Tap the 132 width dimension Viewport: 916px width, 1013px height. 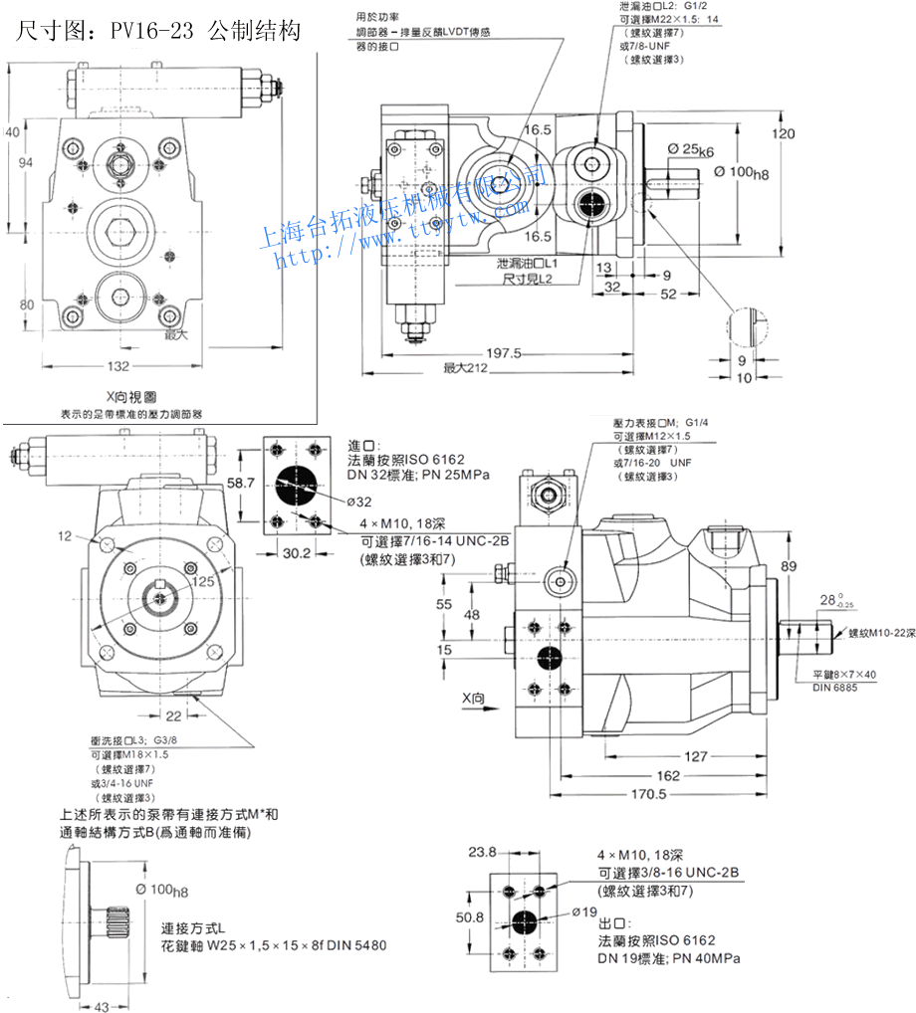[x=118, y=365]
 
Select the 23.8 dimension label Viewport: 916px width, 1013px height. [x=482, y=852]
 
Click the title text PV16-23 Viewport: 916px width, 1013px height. [x=149, y=32]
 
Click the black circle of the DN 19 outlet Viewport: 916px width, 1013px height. [x=526, y=918]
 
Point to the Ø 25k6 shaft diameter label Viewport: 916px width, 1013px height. [x=690, y=150]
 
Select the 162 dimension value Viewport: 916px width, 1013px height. [x=667, y=775]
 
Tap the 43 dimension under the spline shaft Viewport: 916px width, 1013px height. [x=102, y=1005]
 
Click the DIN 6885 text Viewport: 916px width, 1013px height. [x=833, y=688]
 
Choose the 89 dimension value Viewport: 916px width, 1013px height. [x=789, y=566]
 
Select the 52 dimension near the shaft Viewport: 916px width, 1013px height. [x=668, y=294]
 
